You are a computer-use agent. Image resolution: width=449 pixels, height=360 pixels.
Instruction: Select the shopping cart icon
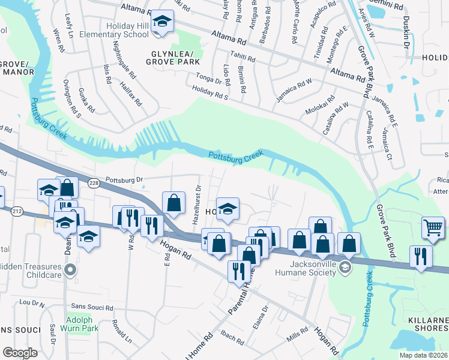[x=432, y=227]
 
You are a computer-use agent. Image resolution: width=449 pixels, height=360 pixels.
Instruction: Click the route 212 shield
[x=16, y=211]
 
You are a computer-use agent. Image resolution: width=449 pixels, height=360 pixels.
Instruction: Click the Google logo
[x=20, y=352]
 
